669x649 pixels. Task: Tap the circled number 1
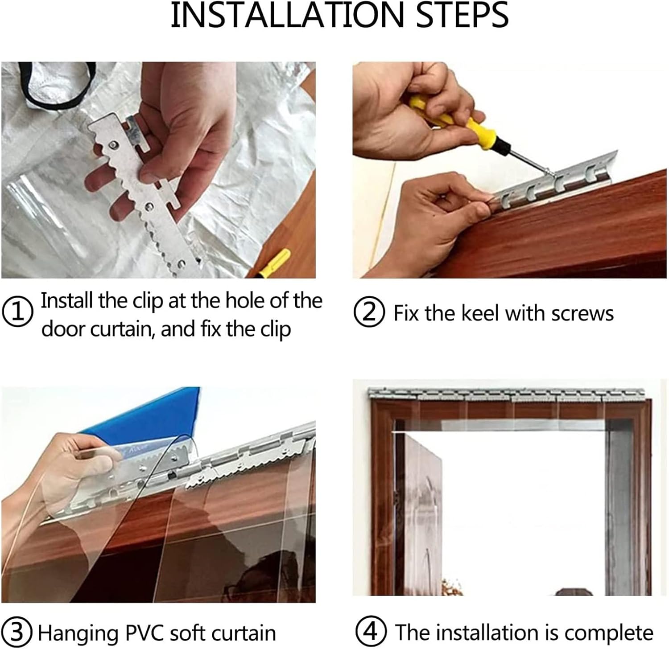pyautogui.click(x=17, y=312)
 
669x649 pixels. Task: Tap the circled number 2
pyautogui.click(x=369, y=312)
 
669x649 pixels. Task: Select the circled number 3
pyautogui.click(x=17, y=632)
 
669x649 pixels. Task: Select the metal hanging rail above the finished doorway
pyautogui.click(x=506, y=394)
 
